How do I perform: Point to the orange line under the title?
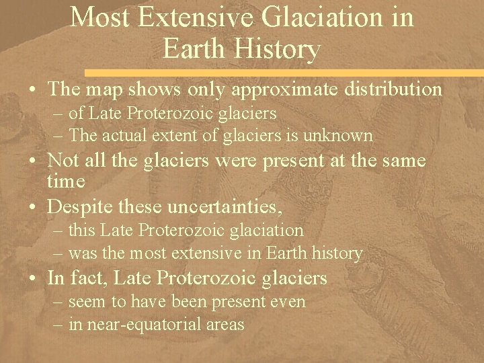[282, 71]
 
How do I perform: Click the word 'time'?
[66, 182]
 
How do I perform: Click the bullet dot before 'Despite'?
[33, 204]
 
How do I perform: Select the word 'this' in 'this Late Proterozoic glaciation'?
[83, 231]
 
